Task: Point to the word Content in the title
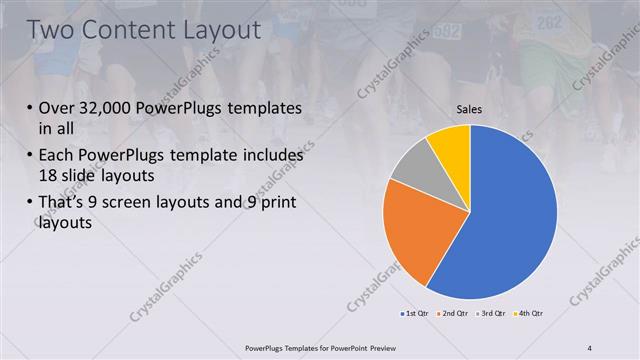[x=120, y=30]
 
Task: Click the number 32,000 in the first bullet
[x=110, y=109]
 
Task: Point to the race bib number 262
[x=549, y=22]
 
